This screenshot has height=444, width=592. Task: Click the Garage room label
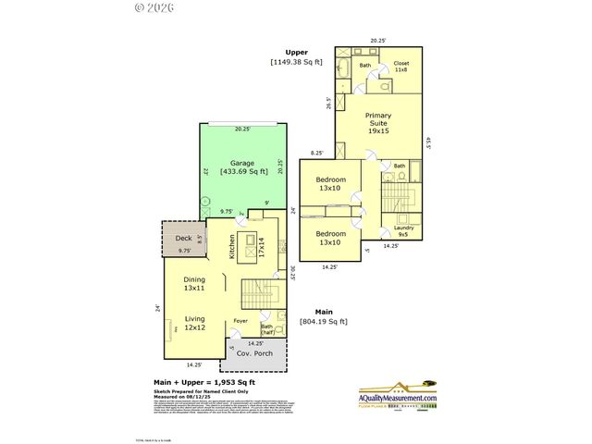(x=236, y=163)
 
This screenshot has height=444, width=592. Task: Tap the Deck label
(x=183, y=238)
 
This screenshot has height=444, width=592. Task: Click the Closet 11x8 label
(x=401, y=67)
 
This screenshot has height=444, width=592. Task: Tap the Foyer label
(x=240, y=321)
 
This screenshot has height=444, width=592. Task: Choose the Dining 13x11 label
(x=194, y=284)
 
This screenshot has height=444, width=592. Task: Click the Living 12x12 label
(x=194, y=323)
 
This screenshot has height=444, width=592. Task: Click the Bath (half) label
(x=267, y=329)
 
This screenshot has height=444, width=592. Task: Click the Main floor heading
(x=323, y=312)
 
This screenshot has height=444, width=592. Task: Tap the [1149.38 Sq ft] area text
(x=298, y=62)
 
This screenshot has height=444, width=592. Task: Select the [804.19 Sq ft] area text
(x=323, y=322)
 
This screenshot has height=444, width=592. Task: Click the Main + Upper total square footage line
(x=203, y=381)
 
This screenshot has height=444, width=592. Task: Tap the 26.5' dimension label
(x=328, y=103)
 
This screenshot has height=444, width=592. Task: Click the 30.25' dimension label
(x=291, y=274)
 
